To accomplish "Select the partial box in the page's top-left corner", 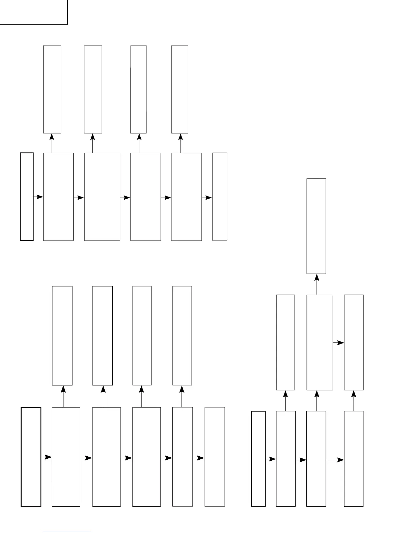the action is click(x=33, y=12).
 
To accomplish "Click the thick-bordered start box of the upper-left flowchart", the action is click(x=27, y=197).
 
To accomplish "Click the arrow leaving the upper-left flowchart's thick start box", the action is click(x=38, y=197).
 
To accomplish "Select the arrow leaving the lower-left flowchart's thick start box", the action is click(x=46, y=457).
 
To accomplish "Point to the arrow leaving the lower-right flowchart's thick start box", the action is click(x=271, y=459).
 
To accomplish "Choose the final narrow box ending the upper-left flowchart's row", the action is click(x=220, y=197).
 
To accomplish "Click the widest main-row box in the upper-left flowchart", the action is click(x=102, y=197).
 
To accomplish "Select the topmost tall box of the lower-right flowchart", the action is click(x=316, y=226).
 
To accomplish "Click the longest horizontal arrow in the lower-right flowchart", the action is click(x=335, y=460).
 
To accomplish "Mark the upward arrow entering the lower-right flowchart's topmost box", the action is click(x=316, y=284).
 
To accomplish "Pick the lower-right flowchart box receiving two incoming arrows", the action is click(x=354, y=342).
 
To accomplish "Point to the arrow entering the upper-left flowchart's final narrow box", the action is click(x=207, y=198).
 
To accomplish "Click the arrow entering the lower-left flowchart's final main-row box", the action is click(x=198, y=458).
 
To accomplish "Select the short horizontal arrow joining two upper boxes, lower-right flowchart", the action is click(x=338, y=342).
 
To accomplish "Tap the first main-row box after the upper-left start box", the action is click(x=58, y=197).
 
